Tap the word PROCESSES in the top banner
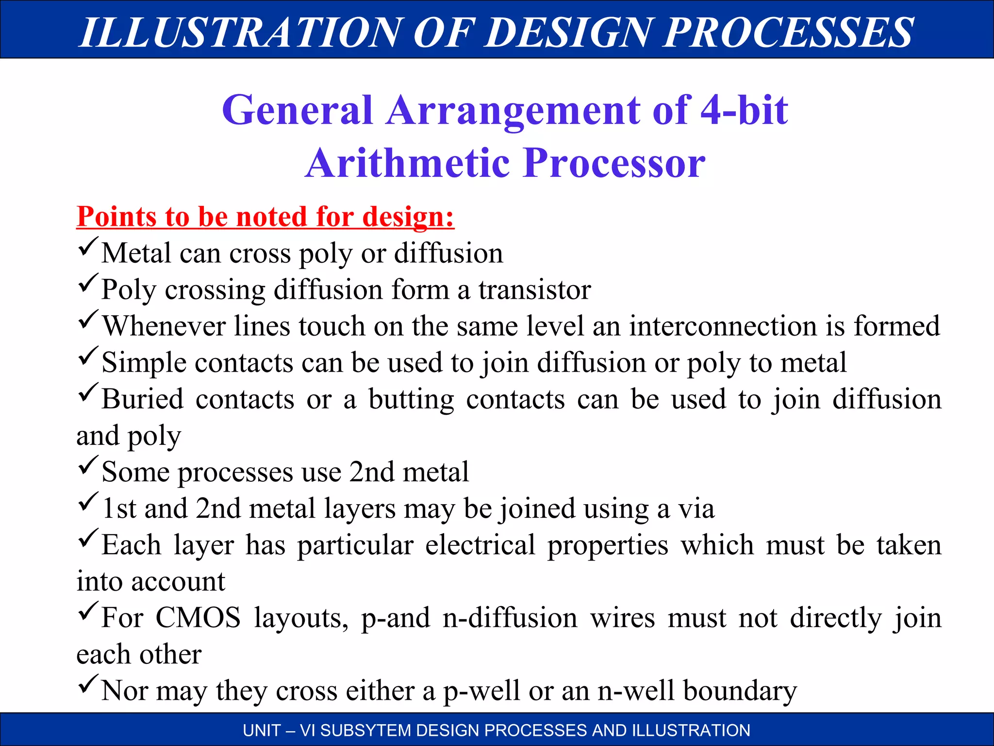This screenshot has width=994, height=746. pyautogui.click(x=788, y=33)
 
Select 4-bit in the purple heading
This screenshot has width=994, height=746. pyautogui.click(x=744, y=110)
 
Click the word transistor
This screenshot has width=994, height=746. pyautogui.click(x=534, y=290)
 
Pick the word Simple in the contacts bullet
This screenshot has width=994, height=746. pyautogui.click(x=144, y=363)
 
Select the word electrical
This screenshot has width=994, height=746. pyautogui.click(x=480, y=545)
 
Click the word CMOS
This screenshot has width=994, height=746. pyautogui.click(x=198, y=618)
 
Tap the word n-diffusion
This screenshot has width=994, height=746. pyautogui.click(x=510, y=618)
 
